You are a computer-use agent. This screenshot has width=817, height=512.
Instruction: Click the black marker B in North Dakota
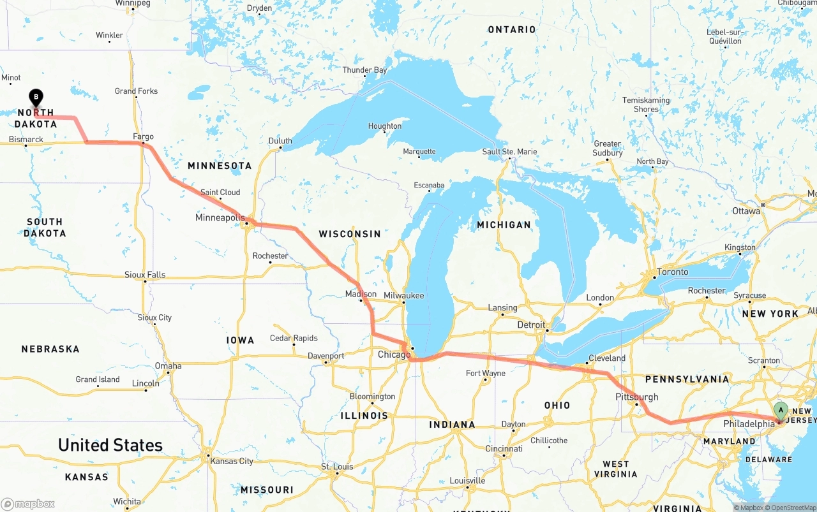[x=36, y=98]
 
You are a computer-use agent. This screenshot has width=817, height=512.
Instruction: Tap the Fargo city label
[x=143, y=136]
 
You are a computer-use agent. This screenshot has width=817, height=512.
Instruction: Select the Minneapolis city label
[x=220, y=218]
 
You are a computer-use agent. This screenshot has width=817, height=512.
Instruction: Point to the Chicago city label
[x=394, y=355]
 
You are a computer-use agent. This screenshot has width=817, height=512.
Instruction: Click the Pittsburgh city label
[x=636, y=397]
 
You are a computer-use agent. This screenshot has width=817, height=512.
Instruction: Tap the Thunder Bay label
[x=364, y=70]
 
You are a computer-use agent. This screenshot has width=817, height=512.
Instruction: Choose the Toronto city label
[x=673, y=272]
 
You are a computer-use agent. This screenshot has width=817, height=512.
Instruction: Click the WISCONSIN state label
[x=350, y=234]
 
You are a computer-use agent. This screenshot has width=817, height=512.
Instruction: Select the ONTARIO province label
[x=512, y=29]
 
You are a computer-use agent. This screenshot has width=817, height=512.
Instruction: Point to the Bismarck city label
[x=26, y=139]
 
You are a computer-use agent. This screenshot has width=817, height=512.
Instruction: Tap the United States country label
[x=110, y=445]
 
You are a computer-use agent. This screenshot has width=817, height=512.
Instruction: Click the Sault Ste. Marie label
[x=509, y=152]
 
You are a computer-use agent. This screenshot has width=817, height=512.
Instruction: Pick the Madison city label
[x=361, y=294]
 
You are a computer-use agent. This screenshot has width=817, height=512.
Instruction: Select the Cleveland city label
[x=606, y=358]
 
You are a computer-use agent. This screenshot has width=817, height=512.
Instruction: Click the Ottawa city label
[x=746, y=210]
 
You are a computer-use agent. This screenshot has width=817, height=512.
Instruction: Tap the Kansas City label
[x=232, y=461]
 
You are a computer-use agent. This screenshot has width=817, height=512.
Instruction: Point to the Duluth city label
[x=280, y=141]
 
